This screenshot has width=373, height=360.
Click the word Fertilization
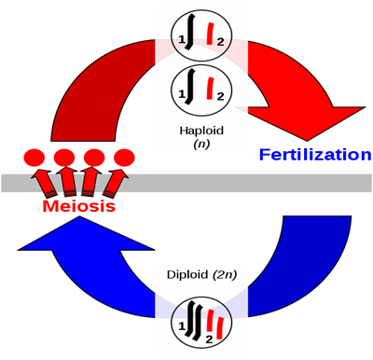(314, 154)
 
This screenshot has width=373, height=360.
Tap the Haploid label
(200, 130)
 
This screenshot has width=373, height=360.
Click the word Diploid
(185, 275)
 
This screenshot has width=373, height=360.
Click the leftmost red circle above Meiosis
(33, 158)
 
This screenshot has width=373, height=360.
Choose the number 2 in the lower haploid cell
(221, 96)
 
